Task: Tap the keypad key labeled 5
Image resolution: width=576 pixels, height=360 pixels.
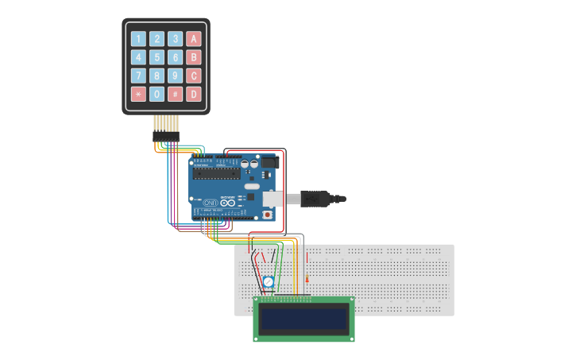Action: [157, 57]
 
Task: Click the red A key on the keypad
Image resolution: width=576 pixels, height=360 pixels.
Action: [194, 38]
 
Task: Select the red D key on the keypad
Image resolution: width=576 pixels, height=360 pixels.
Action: [194, 95]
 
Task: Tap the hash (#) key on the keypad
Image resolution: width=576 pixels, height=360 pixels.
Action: [176, 95]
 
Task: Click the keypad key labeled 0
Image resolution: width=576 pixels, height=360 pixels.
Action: [157, 95]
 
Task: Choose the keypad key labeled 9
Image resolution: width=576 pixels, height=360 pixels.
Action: [176, 75]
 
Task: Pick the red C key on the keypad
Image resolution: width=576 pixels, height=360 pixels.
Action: [194, 75]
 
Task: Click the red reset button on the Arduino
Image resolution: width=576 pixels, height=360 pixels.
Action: [268, 215]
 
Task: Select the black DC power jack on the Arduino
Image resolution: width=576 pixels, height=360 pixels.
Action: [270, 162]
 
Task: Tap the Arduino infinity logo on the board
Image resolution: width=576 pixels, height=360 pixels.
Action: [228, 203]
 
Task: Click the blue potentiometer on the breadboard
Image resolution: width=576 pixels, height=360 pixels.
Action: [269, 282]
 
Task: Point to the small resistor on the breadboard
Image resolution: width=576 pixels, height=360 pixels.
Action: [307, 279]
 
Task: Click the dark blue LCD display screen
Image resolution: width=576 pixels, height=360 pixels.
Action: [303, 319]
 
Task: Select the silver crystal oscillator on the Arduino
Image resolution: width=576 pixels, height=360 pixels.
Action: [253, 187]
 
